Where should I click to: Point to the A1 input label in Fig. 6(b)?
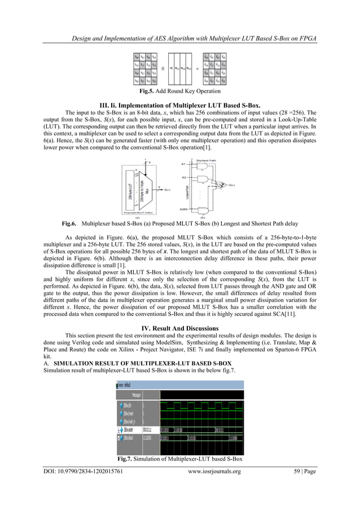(x=184, y=164)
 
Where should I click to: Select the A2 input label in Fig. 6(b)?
(x=184, y=177)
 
